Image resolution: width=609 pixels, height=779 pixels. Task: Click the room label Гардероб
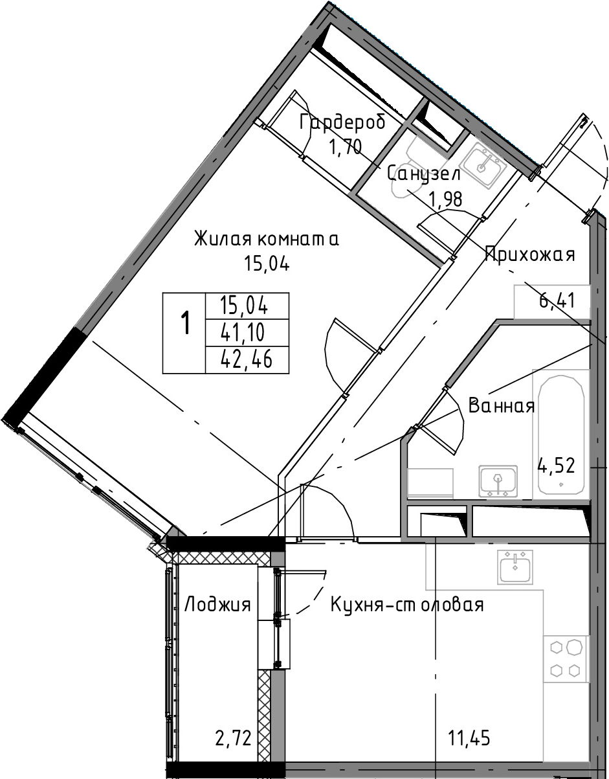point(342,123)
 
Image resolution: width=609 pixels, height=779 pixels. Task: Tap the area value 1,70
point(345,146)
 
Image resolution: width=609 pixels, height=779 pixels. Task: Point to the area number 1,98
point(447,198)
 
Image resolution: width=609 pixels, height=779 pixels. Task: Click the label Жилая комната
point(267,240)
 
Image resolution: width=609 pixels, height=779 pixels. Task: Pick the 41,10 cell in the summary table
point(243,332)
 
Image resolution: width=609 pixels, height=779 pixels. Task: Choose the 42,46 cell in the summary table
point(247,359)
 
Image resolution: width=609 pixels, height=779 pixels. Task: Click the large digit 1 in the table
point(185,322)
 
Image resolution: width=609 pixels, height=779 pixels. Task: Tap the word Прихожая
point(530,256)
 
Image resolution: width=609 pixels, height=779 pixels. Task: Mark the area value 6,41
point(557,300)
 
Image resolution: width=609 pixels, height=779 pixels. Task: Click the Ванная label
point(502,406)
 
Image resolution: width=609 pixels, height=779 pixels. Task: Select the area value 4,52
point(556,466)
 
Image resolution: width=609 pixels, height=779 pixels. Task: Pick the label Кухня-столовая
point(406,605)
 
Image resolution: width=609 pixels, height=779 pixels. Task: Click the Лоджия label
point(217,605)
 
